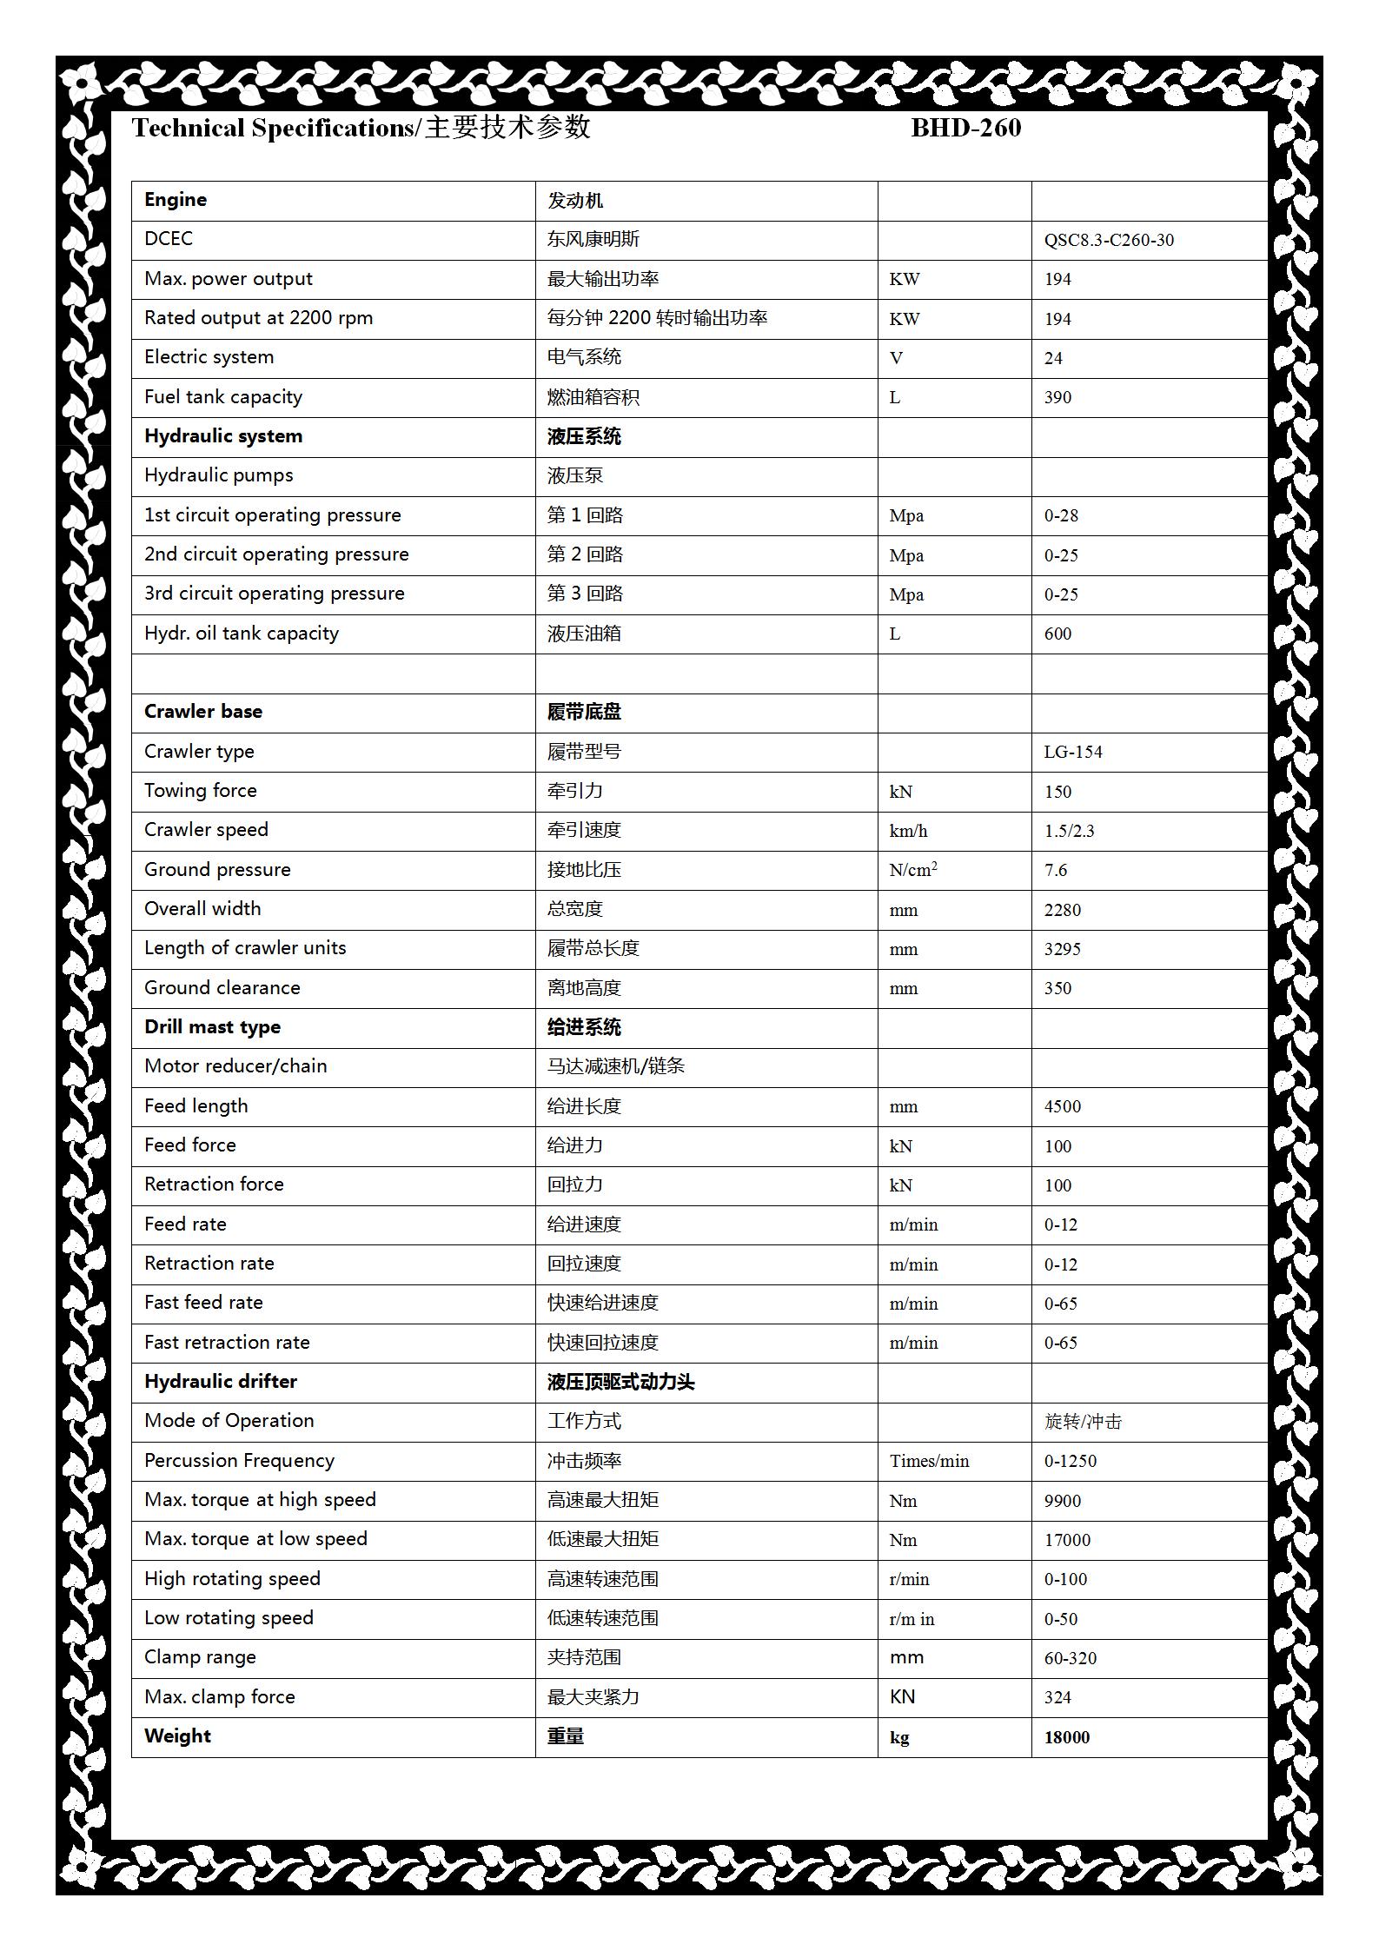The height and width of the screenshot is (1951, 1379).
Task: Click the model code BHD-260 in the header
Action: pyautogui.click(x=965, y=128)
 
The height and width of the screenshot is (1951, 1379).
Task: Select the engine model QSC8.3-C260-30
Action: pyautogui.click(x=1108, y=240)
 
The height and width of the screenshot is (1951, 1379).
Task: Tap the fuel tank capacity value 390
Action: pyautogui.click(x=1057, y=397)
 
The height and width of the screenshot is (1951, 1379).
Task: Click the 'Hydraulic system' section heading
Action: pyautogui.click(x=223, y=436)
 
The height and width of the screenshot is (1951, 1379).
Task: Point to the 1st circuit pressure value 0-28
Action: pyautogui.click(x=1061, y=515)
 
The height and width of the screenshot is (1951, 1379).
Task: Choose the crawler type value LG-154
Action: pyautogui.click(x=1072, y=752)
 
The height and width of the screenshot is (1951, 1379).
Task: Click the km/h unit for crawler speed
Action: pyautogui.click(x=908, y=831)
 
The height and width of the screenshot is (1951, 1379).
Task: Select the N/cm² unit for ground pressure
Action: pyautogui.click(x=912, y=870)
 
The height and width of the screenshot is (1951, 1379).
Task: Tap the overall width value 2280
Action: pyautogui.click(x=1062, y=910)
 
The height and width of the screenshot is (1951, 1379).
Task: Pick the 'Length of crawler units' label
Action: pyautogui.click(x=245, y=948)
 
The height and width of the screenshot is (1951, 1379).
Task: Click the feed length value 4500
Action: pyautogui.click(x=1062, y=1106)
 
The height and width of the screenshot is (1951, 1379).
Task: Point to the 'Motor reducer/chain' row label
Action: pyautogui.click(x=235, y=1066)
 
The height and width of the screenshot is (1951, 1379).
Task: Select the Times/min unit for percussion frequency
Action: pyautogui.click(x=929, y=1461)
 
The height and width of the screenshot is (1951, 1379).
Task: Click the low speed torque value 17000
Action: pyautogui.click(x=1067, y=1540)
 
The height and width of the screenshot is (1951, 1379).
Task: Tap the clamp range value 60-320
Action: pyautogui.click(x=1071, y=1658)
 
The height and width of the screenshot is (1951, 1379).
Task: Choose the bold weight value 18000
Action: pyautogui.click(x=1066, y=1737)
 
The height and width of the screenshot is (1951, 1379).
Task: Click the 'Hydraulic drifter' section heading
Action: pyautogui.click(x=221, y=1382)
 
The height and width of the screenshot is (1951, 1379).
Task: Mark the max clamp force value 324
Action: pyautogui.click(x=1057, y=1697)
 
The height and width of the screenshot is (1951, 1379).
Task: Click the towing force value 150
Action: pyautogui.click(x=1057, y=792)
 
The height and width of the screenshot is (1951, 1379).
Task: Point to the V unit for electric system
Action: pyautogui.click(x=896, y=358)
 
